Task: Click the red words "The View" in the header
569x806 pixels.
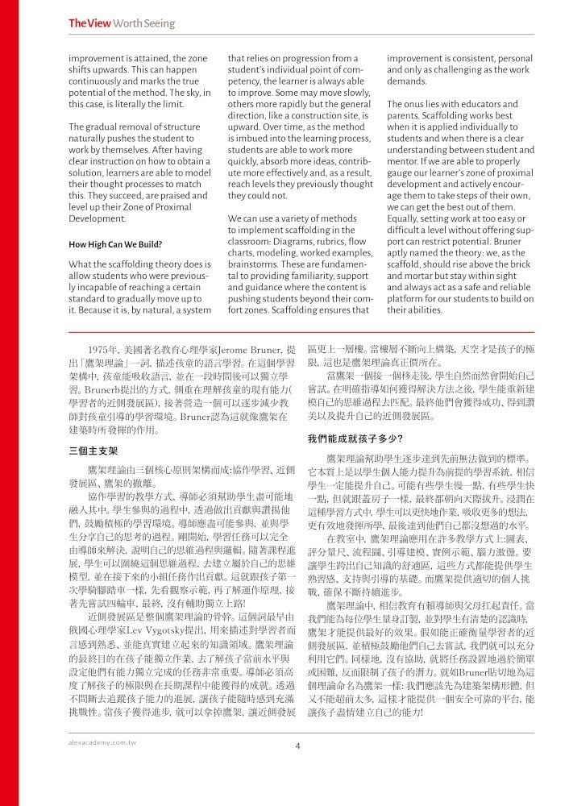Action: pyautogui.click(x=83, y=23)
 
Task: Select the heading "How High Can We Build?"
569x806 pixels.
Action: pyautogui.click(x=116, y=243)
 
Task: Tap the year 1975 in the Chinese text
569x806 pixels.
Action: pyautogui.click(x=104, y=347)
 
